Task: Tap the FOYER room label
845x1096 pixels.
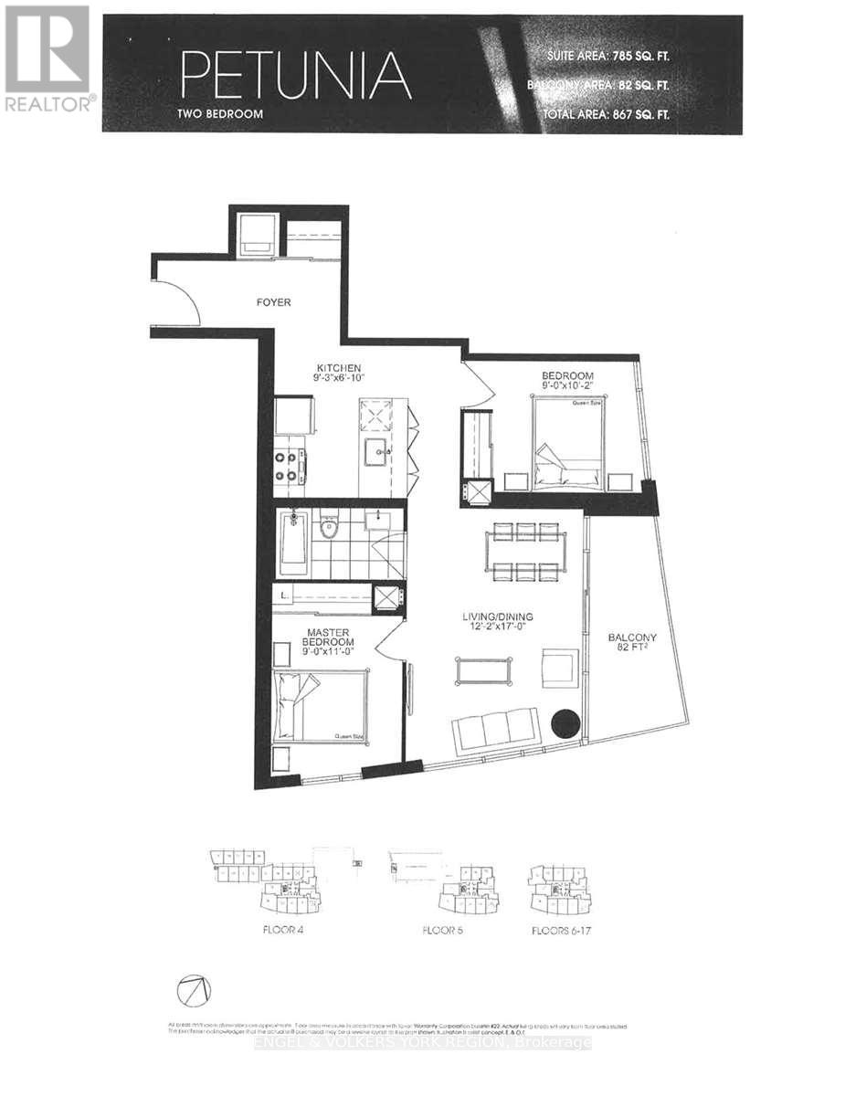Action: pyautogui.click(x=273, y=302)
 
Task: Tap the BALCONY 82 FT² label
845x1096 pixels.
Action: pyautogui.click(x=632, y=644)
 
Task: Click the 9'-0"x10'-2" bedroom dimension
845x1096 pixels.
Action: pyautogui.click(x=567, y=386)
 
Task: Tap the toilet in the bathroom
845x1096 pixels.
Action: pyautogui.click(x=327, y=528)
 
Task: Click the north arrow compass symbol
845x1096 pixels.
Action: pyautogui.click(x=195, y=990)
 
